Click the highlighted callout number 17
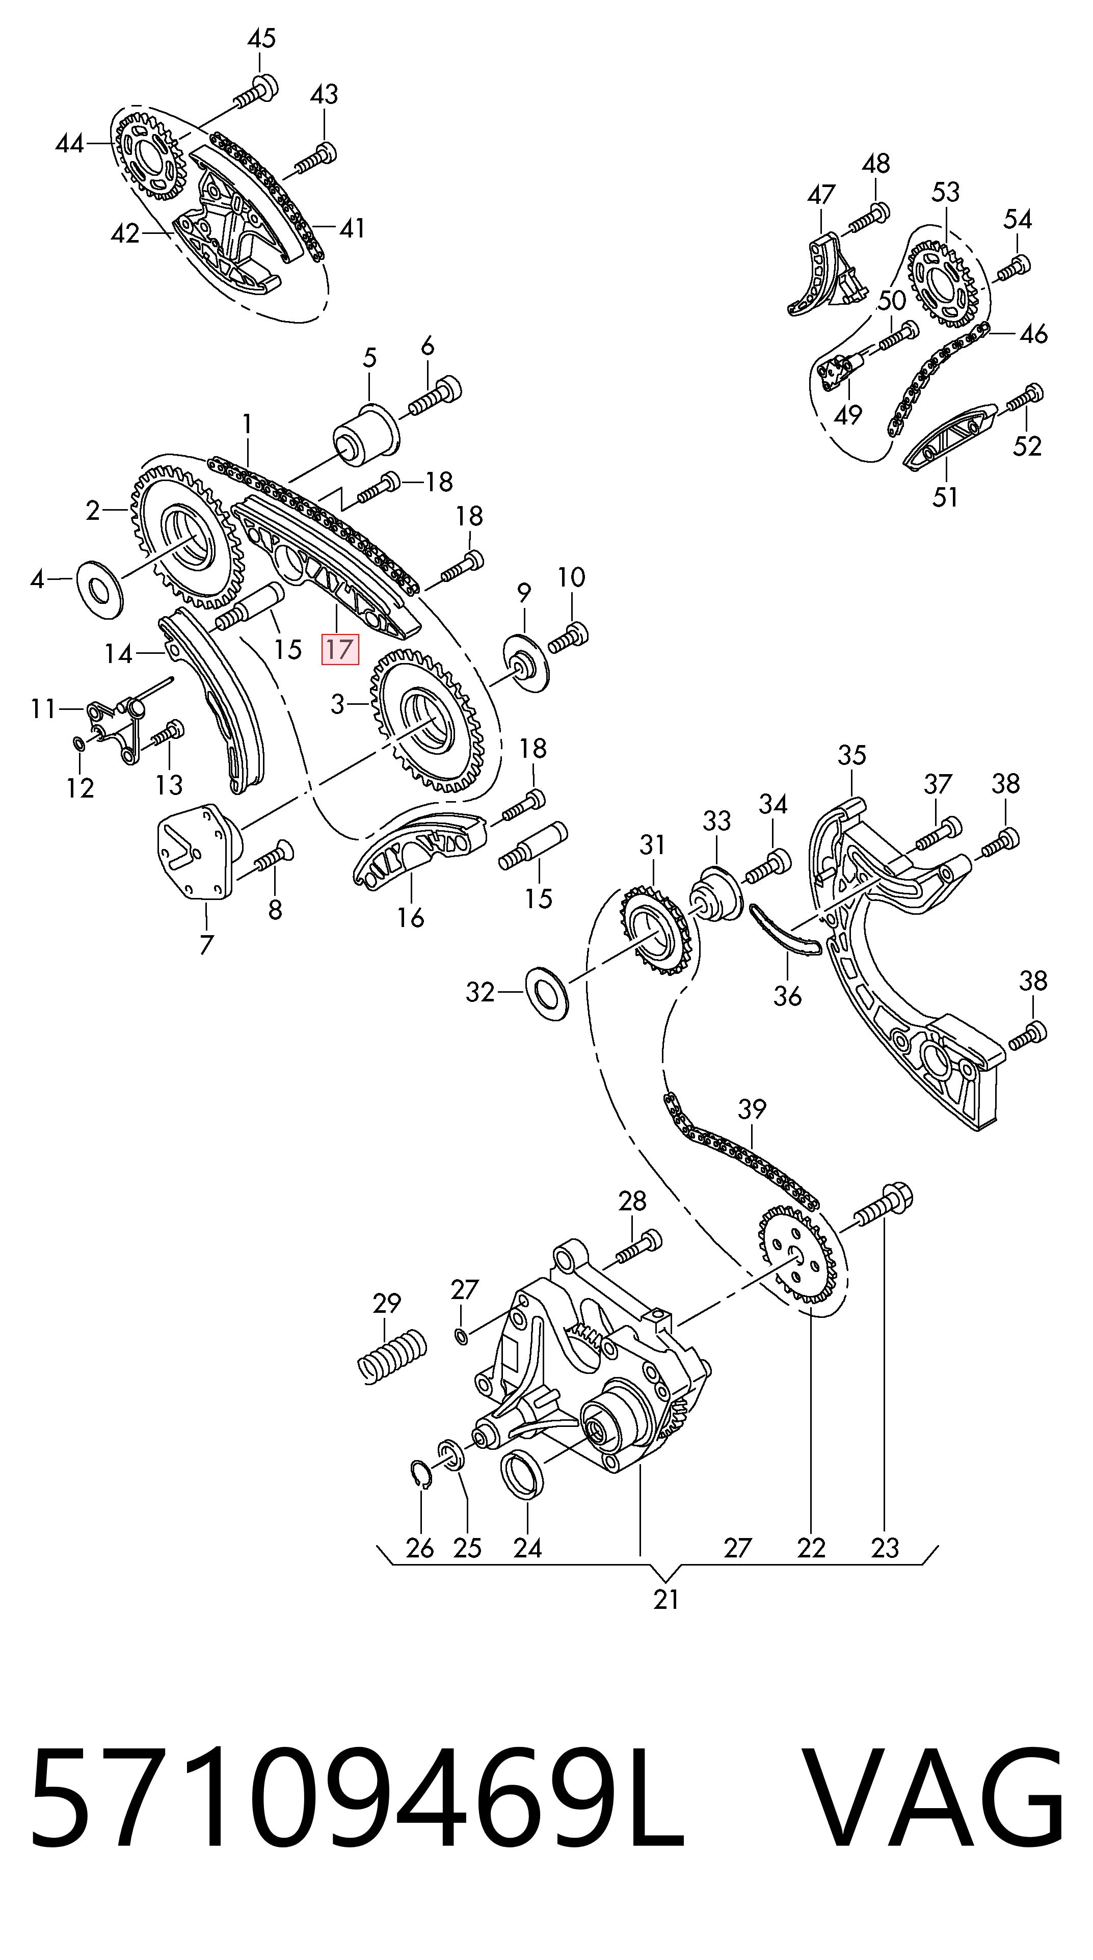click(x=340, y=649)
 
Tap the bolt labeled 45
click(x=255, y=91)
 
